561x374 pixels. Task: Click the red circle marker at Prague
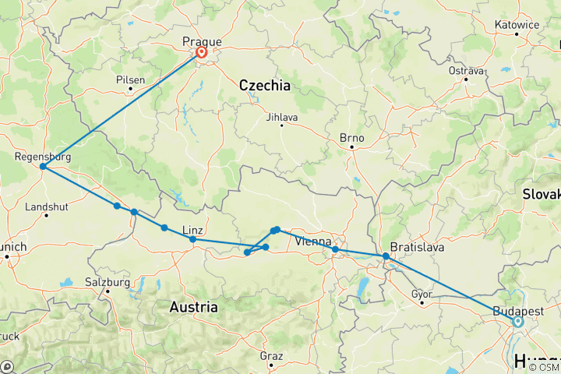[x=202, y=53]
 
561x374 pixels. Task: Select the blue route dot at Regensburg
[x=43, y=167]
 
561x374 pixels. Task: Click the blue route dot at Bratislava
[x=386, y=256]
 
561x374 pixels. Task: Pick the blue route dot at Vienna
[x=335, y=249]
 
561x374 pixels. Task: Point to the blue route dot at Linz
[x=192, y=239]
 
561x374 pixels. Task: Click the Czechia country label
[x=264, y=85]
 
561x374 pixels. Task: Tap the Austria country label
[x=194, y=307]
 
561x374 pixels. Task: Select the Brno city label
[x=352, y=137]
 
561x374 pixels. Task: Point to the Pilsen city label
[x=130, y=79]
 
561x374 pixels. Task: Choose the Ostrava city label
[x=467, y=71]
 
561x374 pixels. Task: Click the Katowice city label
[x=517, y=24]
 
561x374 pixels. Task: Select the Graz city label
[x=271, y=355]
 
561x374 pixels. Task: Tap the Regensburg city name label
[x=43, y=157]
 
